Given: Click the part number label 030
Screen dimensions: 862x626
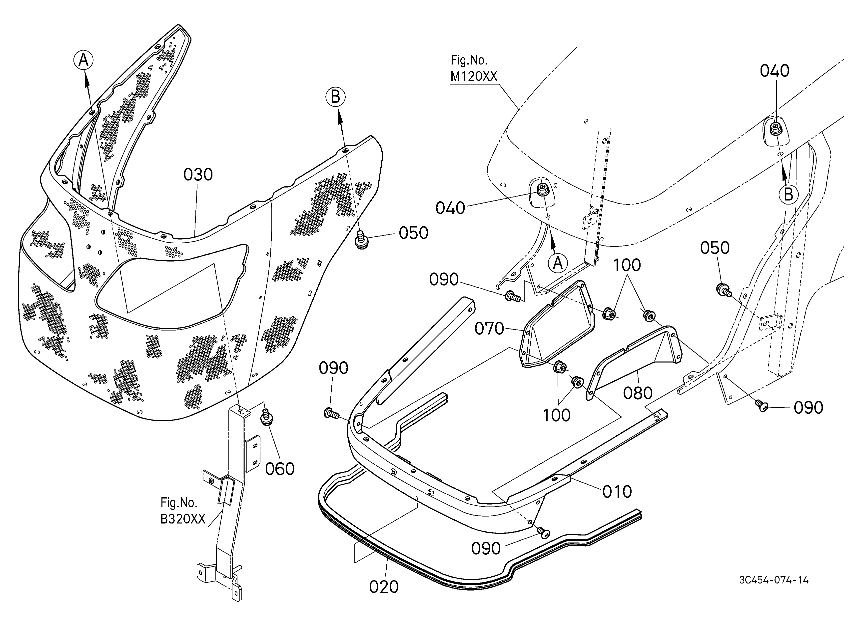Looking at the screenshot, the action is tap(198, 175).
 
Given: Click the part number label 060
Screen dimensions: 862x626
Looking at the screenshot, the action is tap(280, 469).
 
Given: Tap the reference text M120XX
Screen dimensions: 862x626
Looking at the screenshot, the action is tap(474, 77).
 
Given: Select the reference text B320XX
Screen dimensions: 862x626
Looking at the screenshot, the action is tap(183, 519).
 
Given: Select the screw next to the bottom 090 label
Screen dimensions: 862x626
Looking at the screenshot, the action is tap(544, 533).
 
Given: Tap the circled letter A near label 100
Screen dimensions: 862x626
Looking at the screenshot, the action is tap(558, 263).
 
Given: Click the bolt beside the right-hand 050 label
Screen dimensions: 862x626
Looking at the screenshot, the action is tap(723, 290).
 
